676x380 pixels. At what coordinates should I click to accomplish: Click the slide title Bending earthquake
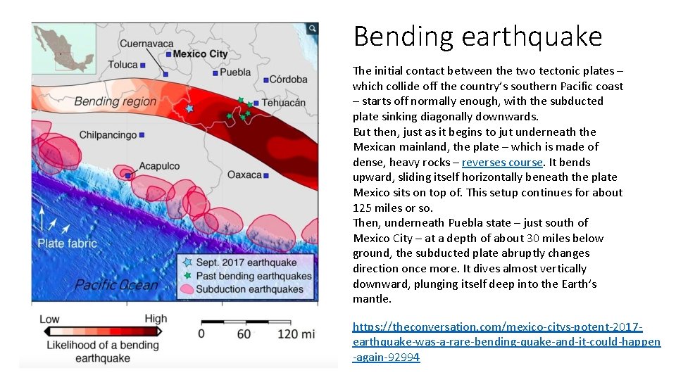click(477, 37)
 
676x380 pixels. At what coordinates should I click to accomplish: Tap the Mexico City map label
click(200, 53)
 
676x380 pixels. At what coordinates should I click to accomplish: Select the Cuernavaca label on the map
click(146, 44)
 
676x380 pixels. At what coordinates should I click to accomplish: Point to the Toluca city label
click(123, 65)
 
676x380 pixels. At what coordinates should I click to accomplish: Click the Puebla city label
click(235, 72)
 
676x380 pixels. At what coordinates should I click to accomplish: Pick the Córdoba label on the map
click(289, 79)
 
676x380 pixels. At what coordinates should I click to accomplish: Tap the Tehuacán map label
click(284, 103)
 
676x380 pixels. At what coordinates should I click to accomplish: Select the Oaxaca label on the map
click(244, 174)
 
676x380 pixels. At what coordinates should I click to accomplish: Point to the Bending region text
click(115, 101)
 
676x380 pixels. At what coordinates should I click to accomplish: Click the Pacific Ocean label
click(116, 284)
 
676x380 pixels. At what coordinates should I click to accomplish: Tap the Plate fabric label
click(67, 243)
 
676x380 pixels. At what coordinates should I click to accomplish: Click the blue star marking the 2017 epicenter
click(189, 108)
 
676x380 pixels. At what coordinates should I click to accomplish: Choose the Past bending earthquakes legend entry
click(254, 276)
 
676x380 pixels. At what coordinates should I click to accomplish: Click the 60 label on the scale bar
click(244, 333)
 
